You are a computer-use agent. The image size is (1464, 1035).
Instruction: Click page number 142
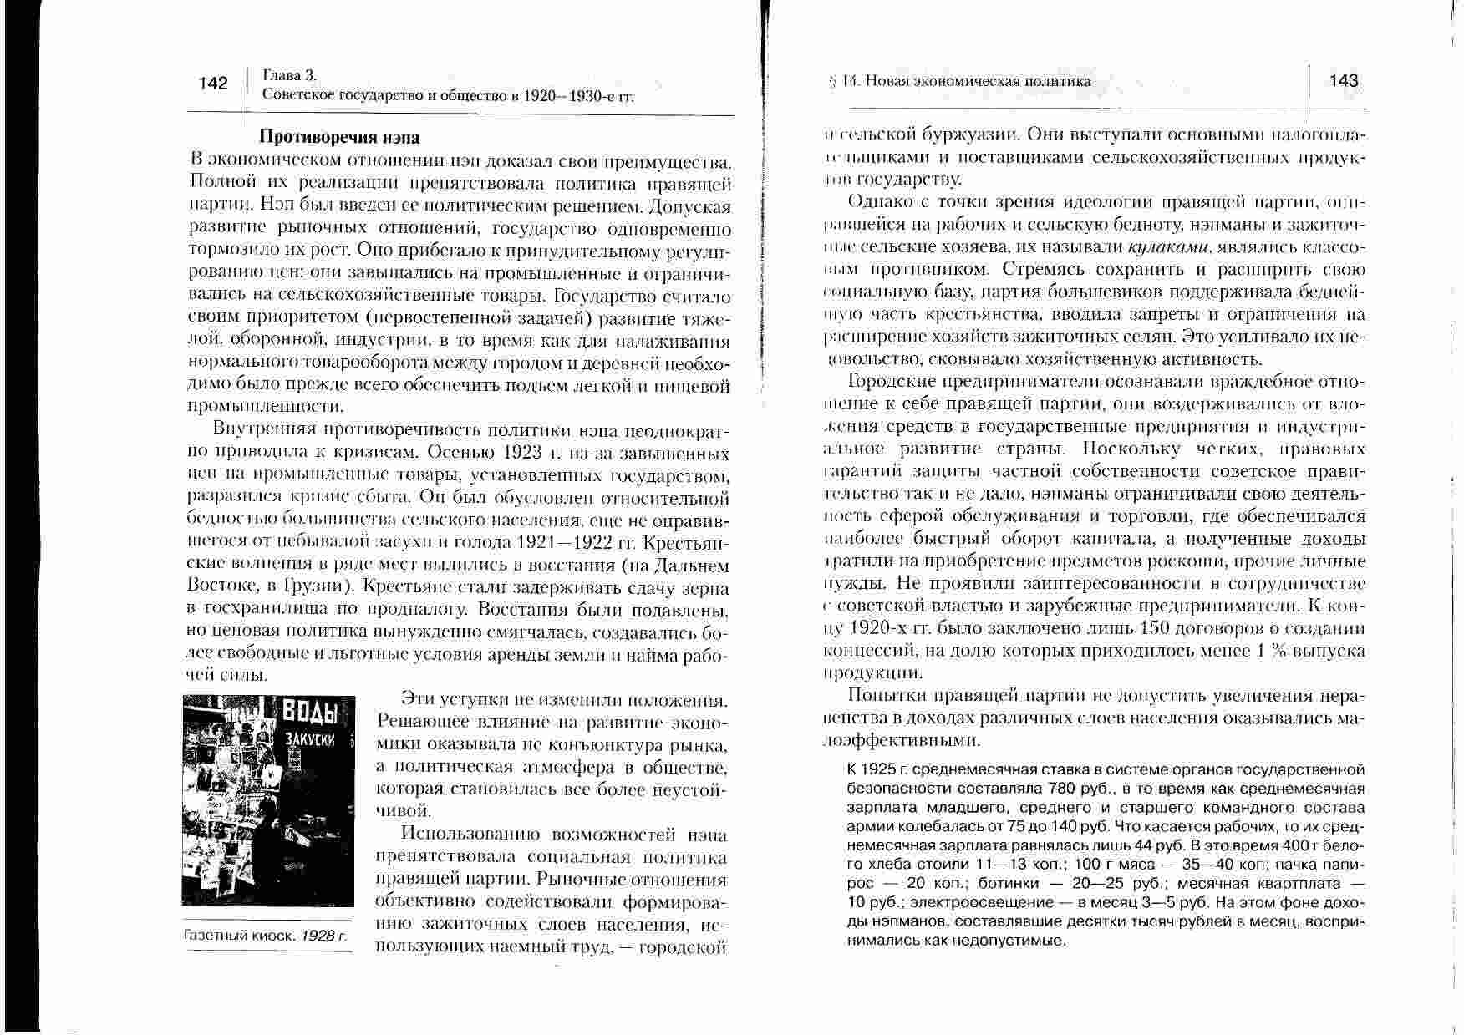(x=213, y=84)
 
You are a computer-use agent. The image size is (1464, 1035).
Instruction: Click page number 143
(x=1343, y=81)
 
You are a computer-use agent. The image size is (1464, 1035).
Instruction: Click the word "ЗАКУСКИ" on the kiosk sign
(x=310, y=741)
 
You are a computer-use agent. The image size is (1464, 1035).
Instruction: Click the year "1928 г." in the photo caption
(x=324, y=936)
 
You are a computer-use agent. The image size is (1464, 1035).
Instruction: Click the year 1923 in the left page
(x=526, y=454)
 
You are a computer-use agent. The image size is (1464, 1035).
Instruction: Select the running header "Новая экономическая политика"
(x=978, y=81)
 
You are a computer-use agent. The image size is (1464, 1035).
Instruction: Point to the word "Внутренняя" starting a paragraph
(x=263, y=431)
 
